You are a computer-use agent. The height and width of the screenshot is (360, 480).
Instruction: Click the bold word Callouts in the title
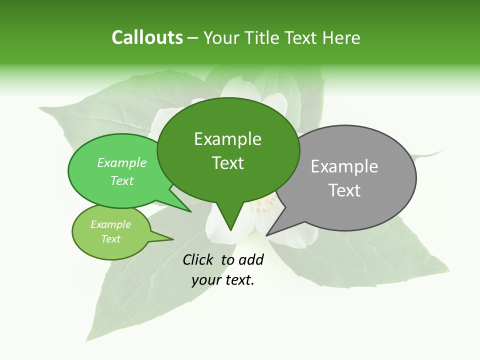[147, 37]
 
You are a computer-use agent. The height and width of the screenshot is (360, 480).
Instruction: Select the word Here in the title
[341, 37]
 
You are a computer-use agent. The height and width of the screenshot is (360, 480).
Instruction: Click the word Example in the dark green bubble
[227, 139]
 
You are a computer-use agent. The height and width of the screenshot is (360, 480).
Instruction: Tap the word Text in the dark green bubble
[227, 162]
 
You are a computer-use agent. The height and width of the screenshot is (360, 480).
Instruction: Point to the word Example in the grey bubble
[344, 166]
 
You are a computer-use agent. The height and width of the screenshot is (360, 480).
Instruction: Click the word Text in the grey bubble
[344, 190]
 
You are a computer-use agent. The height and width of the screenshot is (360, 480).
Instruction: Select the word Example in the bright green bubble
[122, 162]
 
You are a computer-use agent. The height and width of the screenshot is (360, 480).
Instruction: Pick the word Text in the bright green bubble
[122, 180]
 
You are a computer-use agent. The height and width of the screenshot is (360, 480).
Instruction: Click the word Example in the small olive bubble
[110, 224]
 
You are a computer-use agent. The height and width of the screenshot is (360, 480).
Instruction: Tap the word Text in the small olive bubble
[110, 239]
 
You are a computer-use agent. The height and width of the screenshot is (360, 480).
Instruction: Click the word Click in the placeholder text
[199, 259]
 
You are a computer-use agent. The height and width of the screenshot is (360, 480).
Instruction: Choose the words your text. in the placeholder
[223, 280]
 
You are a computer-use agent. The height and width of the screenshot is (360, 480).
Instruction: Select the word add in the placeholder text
[251, 259]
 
